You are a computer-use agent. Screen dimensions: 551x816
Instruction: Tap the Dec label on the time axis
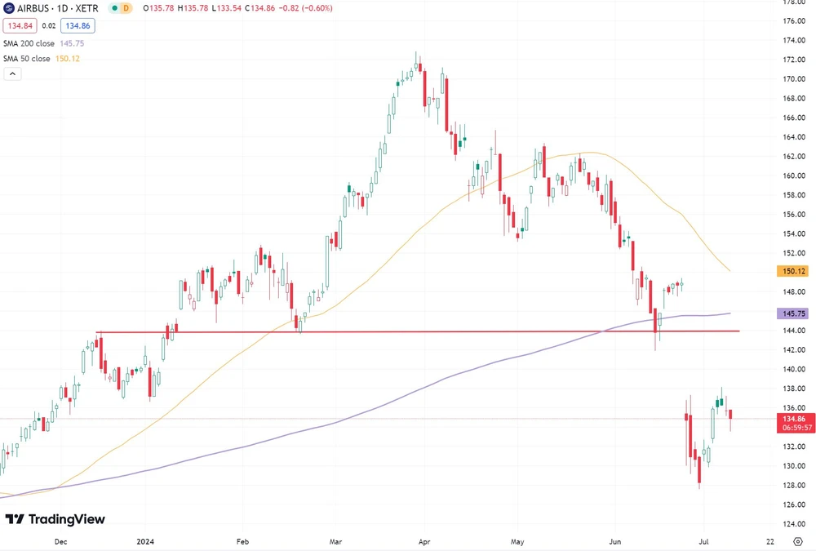(x=60, y=541)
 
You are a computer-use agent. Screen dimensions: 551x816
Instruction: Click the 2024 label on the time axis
(x=146, y=541)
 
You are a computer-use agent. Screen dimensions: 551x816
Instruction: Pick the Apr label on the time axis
(x=424, y=541)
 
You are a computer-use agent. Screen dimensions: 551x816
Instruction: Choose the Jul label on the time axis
(x=701, y=541)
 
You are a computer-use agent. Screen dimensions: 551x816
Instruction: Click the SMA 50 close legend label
(x=27, y=59)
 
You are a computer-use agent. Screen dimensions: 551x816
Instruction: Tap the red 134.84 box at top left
(x=20, y=26)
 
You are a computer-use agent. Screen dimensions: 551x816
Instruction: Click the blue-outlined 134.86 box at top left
(x=78, y=26)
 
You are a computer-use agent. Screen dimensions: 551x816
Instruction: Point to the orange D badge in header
(x=126, y=8)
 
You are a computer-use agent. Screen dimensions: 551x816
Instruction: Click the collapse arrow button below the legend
(x=12, y=73)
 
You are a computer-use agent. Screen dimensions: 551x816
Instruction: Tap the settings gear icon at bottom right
(x=798, y=541)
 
